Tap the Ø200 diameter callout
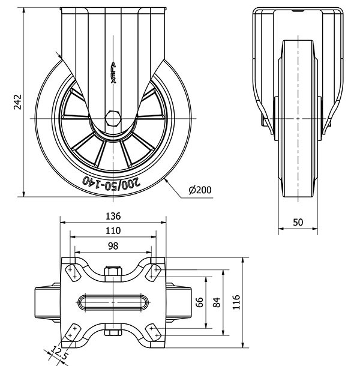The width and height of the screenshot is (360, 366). tap(200, 190)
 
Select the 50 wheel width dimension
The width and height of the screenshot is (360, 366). tap(298, 222)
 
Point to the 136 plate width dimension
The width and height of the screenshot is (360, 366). tap(113, 216)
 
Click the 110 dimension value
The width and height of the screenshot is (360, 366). tap(113, 230)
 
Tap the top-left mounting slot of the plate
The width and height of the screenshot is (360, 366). tap(74, 272)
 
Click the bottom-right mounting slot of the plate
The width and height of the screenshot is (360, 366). tap(152, 332)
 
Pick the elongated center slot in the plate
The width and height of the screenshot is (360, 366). tap(113, 301)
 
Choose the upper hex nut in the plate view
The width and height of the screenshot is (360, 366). tap(113, 274)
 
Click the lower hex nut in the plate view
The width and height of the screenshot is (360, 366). tap(113, 330)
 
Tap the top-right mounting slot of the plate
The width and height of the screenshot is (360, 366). tap(152, 272)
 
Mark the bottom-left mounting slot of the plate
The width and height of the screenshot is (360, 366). tap(74, 332)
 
